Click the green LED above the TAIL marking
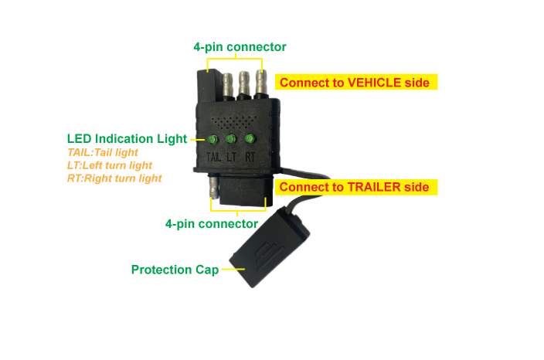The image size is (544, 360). pos(212,139)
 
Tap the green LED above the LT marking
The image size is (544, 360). pos(231,139)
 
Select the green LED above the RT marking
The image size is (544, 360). pos(250,139)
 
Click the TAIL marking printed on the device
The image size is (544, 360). pos(213,157)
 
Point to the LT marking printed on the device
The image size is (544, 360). pos(231,157)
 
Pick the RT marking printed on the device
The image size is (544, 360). pos(250,157)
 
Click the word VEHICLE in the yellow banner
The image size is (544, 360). pos(374,83)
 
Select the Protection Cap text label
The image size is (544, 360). pos(175,270)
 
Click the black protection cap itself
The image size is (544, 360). pos(269,247)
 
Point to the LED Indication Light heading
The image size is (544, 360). pos(127,139)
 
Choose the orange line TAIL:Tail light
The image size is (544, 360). pos(103,152)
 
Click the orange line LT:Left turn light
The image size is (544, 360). pos(110,165)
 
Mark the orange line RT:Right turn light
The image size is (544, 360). pos(114,178)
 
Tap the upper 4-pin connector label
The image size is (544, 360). pos(240,47)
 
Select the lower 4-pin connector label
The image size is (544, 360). pos(212,224)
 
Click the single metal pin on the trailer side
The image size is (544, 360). pos(212,186)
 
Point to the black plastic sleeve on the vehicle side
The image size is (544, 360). pos(209,85)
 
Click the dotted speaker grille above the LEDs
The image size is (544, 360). pos(233,122)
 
